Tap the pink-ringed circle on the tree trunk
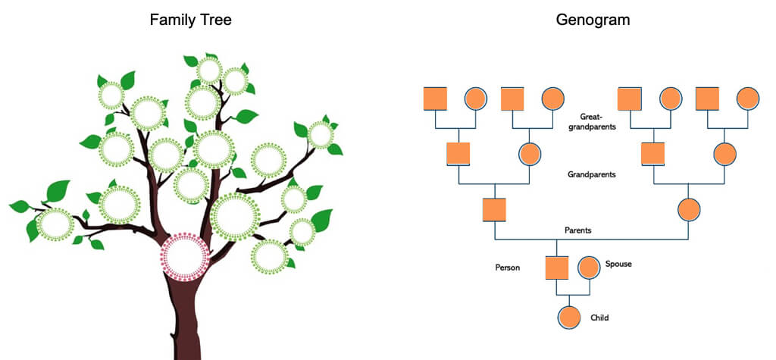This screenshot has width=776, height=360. click(184, 258)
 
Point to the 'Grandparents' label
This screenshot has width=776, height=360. click(591, 174)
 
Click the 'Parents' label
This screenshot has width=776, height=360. click(578, 230)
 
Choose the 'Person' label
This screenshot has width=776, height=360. click(507, 268)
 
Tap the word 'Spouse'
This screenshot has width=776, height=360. click(618, 264)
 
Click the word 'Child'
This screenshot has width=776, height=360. click(599, 318)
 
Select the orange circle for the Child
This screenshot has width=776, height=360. click(569, 318)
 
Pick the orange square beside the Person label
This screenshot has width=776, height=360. click(557, 268)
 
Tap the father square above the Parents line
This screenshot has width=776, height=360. click(494, 209)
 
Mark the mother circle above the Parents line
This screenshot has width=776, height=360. click(689, 209)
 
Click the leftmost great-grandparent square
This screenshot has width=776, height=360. click(435, 99)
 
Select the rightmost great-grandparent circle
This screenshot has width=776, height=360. click(747, 99)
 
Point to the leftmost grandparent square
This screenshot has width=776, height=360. click(458, 154)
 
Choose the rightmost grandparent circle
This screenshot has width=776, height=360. click(724, 154)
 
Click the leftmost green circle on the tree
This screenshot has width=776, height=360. click(55, 224)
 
